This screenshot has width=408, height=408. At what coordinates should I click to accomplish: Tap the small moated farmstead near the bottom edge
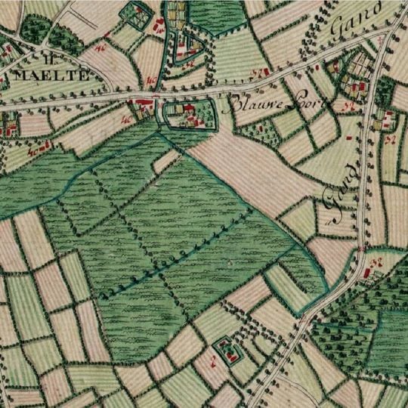pyautogui.click(x=224, y=350)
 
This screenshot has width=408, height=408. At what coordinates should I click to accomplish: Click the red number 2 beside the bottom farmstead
pyautogui.click(x=214, y=363)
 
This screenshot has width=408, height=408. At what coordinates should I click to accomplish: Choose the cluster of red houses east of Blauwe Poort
pyautogui.click(x=356, y=88)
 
